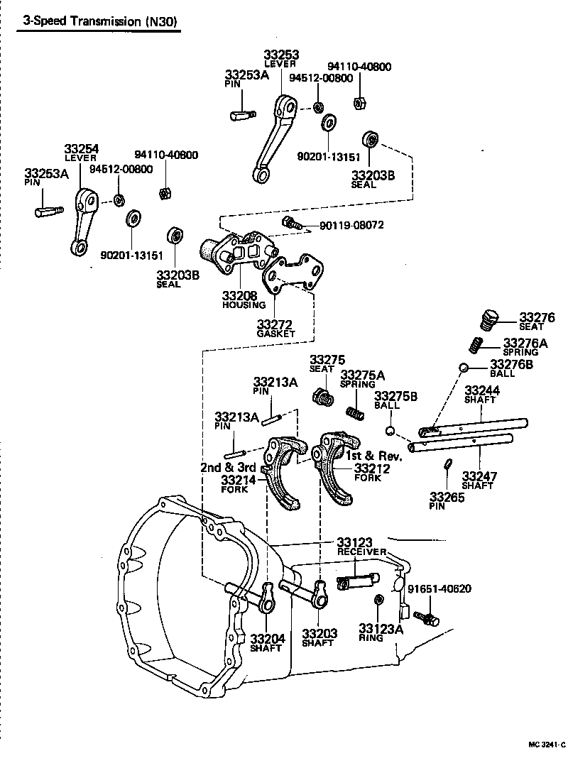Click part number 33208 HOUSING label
click(244, 299)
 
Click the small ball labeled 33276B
click(462, 368)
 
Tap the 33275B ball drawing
click(389, 431)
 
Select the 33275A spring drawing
click(354, 412)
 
